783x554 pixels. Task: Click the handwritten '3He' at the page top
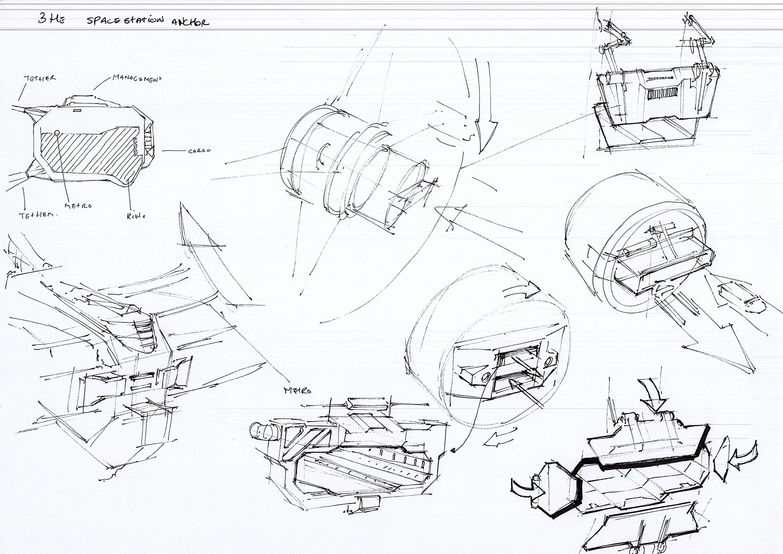point(51,18)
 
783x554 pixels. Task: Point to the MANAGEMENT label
point(137,78)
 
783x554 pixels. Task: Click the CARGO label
point(199,151)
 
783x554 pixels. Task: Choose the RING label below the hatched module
point(136,216)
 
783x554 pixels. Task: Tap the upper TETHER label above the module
point(40,78)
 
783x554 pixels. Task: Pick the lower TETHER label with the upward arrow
point(36,215)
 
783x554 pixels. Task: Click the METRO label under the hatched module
point(78,206)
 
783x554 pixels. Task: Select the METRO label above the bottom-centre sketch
point(298,391)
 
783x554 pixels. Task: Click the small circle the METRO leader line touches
point(57,133)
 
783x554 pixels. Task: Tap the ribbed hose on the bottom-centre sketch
point(261,431)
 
